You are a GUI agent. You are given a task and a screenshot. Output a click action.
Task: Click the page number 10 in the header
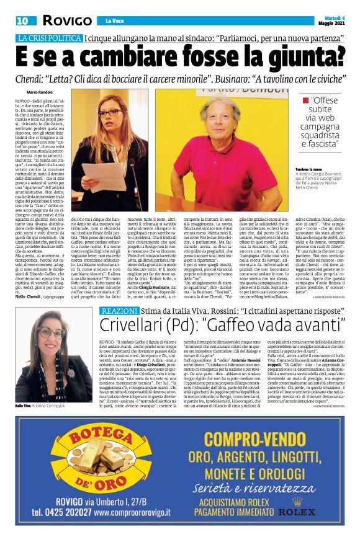click(22, 20)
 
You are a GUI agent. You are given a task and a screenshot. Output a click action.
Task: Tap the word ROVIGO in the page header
click(66, 20)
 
